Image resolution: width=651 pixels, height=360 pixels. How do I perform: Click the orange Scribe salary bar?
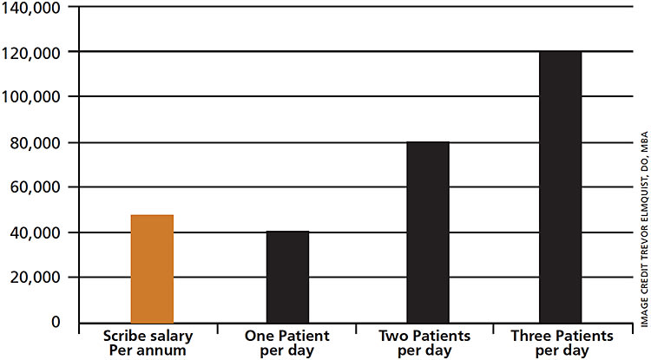point(152,268)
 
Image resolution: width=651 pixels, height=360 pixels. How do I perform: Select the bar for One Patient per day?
point(287,277)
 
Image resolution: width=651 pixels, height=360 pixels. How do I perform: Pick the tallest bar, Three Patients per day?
point(560,187)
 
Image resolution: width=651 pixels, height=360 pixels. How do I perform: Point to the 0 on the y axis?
point(56,323)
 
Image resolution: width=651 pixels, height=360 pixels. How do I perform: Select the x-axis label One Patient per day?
point(288,342)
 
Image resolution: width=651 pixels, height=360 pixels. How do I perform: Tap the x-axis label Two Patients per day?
point(425,342)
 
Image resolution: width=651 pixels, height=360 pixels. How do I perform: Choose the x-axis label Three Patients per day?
point(561,342)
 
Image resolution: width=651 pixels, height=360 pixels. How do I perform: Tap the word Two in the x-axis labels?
point(394,335)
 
